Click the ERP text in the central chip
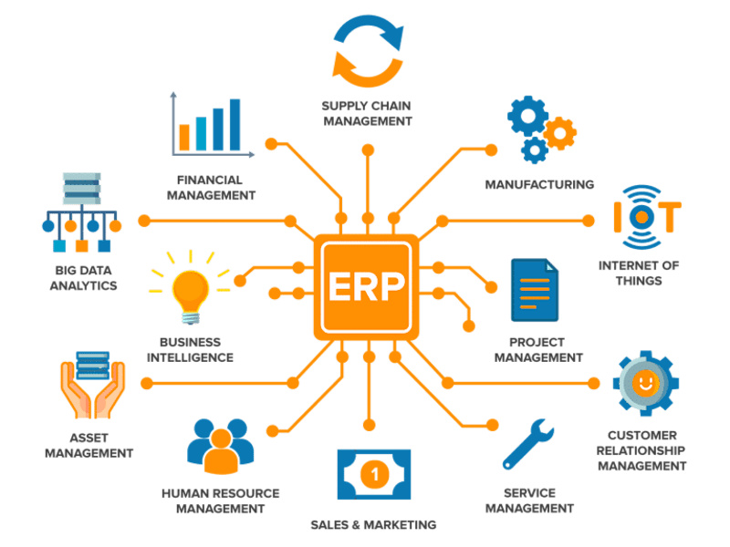(366, 286)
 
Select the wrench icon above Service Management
(527, 444)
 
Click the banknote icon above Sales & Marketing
(374, 474)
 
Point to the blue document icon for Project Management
(535, 290)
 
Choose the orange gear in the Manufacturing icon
(560, 133)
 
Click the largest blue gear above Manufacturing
(528, 116)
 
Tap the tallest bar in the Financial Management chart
(235, 125)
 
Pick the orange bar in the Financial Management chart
(184, 138)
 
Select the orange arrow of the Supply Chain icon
(367, 71)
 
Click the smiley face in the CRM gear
(645, 383)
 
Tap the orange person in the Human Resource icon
(221, 451)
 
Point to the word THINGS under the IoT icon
(639, 281)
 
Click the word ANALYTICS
(83, 285)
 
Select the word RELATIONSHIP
(641, 450)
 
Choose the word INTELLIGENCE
(190, 357)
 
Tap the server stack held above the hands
(93, 366)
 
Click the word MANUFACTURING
(539, 185)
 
